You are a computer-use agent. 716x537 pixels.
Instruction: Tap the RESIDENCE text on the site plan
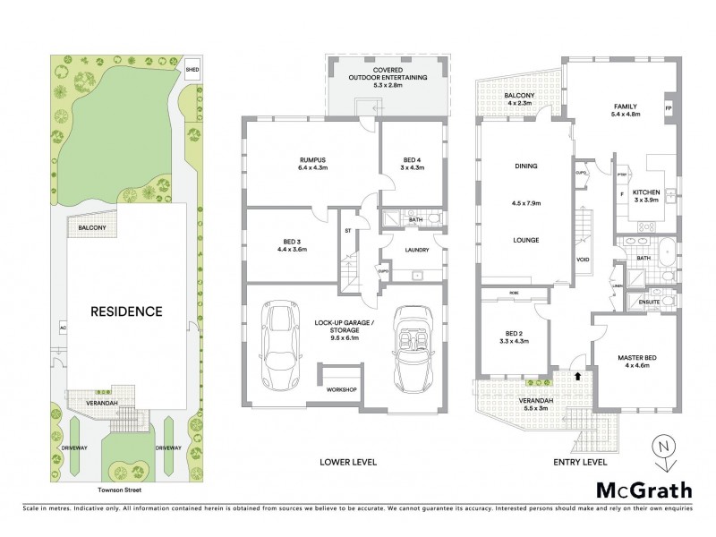[126, 311]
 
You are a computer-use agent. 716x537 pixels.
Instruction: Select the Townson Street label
[120, 490]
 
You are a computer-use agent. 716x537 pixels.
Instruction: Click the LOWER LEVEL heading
[348, 462]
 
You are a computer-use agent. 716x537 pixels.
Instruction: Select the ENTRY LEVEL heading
[581, 462]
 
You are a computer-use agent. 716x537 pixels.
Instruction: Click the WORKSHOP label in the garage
[341, 390]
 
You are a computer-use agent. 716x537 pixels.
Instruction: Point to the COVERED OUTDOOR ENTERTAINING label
[388, 74]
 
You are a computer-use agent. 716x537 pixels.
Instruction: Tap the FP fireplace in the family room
[667, 109]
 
